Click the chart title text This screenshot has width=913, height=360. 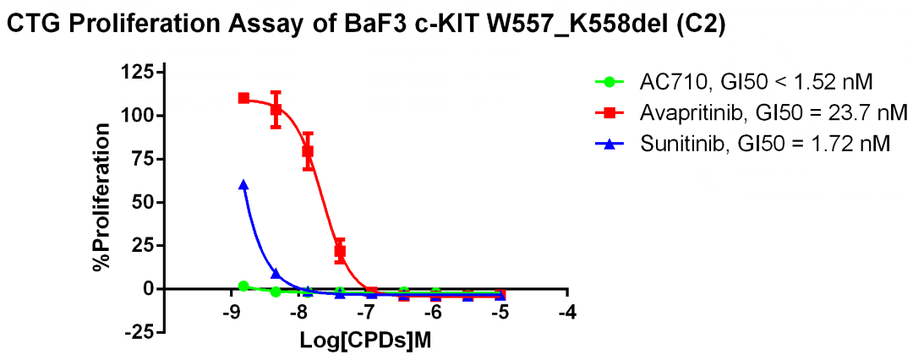(365, 25)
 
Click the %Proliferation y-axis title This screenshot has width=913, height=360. (102, 199)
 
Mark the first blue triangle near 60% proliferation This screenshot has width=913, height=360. (243, 184)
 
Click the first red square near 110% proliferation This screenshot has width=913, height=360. (243, 98)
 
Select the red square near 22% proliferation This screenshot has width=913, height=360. (340, 250)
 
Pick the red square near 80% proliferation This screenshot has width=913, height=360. (308, 151)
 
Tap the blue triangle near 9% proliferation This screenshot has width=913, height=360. (276, 273)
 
